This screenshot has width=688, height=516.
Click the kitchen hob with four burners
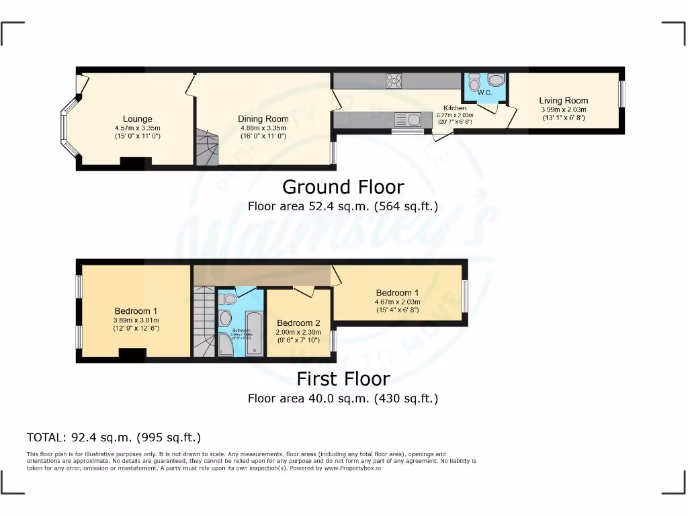click(393, 81)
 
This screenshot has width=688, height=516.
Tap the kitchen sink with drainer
click(406, 120)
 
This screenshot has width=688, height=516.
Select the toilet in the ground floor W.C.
click(474, 83)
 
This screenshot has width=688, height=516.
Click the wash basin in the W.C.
click(497, 81)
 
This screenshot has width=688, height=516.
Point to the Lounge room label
click(137, 119)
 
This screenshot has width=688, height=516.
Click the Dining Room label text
click(263, 119)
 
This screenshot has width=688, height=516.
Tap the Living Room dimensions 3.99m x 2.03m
click(563, 110)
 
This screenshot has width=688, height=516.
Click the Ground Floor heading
click(343, 187)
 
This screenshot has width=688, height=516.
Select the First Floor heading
click(343, 379)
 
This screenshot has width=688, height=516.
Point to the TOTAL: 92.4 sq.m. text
click(114, 437)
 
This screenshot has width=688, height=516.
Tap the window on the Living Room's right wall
click(621, 94)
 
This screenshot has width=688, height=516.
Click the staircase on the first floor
click(203, 321)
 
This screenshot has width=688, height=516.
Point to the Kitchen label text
click(455, 108)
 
